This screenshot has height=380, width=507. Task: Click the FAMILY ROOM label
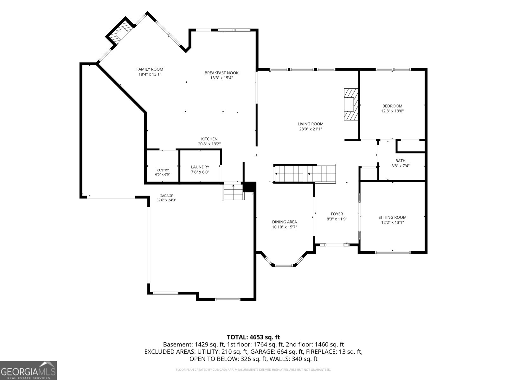(x=150, y=69)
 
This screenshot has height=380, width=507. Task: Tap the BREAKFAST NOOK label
(x=221, y=73)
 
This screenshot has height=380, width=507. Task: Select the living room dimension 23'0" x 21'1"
(x=311, y=129)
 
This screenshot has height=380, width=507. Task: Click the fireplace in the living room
(x=351, y=104)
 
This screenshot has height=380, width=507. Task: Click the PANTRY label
(x=163, y=170)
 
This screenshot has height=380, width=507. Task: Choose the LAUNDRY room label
(x=200, y=167)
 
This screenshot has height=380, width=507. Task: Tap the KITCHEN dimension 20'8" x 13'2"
(x=209, y=144)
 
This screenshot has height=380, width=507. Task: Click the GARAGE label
(x=166, y=196)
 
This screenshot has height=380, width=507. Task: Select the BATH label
(x=400, y=161)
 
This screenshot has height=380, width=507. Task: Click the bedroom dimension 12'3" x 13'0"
(x=392, y=111)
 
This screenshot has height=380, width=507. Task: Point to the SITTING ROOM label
(x=392, y=217)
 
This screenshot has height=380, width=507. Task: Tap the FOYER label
(x=337, y=214)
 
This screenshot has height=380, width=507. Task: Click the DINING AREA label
(x=284, y=222)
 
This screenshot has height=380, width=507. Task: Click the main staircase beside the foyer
(x=305, y=174)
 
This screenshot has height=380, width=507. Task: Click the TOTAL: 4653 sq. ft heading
(x=253, y=337)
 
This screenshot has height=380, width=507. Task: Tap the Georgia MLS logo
(x=28, y=370)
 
